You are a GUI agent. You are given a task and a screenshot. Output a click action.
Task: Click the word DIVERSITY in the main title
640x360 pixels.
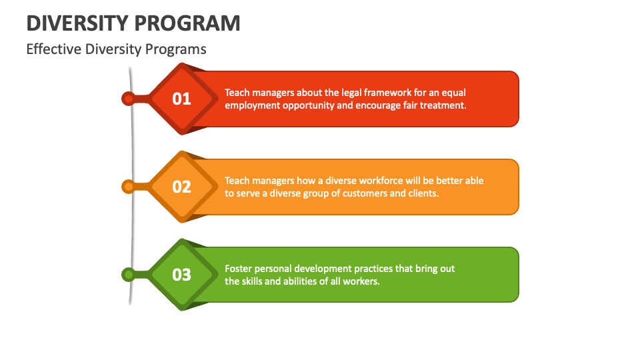(77, 23)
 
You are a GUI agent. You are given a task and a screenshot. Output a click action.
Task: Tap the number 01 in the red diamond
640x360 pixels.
(181, 99)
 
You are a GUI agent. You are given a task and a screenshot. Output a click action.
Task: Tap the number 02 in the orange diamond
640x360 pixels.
(181, 187)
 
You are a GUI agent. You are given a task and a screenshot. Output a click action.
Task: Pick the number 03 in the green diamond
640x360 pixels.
(181, 275)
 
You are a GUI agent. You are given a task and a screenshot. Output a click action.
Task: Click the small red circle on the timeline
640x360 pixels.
(127, 99)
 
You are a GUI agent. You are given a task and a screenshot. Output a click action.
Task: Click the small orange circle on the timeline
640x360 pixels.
(127, 187)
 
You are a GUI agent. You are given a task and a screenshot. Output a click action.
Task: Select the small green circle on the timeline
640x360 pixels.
(127, 275)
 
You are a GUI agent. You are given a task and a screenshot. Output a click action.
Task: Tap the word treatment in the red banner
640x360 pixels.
(443, 105)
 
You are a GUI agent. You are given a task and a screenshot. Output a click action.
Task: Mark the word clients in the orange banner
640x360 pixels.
(424, 193)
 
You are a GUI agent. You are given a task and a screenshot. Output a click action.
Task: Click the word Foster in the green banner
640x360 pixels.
(237, 269)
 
